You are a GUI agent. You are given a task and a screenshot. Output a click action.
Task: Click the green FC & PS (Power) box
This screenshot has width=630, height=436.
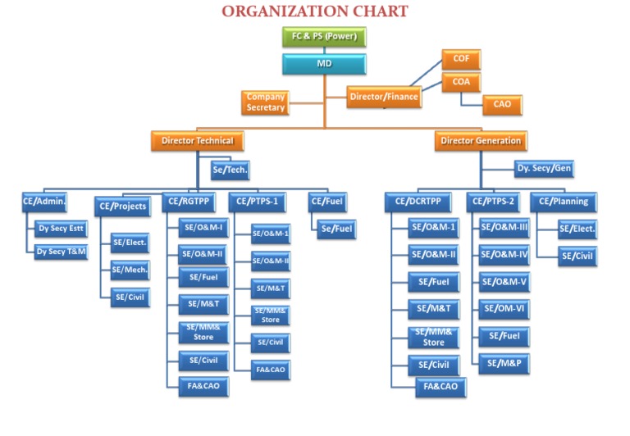pyautogui.click(x=324, y=37)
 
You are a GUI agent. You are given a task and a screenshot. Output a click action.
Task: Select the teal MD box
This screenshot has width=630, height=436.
pyautogui.click(x=324, y=63)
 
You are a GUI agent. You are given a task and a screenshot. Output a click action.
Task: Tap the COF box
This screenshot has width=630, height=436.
pyautogui.click(x=460, y=59)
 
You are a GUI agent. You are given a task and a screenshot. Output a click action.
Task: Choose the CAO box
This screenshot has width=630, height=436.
pyautogui.click(x=502, y=104)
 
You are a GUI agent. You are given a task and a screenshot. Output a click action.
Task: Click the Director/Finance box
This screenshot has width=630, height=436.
pyautogui.click(x=384, y=97)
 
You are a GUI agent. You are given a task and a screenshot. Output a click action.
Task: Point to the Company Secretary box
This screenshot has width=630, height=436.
pyautogui.click(x=265, y=102)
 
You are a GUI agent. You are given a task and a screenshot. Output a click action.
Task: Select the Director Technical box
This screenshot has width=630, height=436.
pyautogui.click(x=198, y=141)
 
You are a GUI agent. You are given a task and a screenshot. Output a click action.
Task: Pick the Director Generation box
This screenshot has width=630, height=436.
pyautogui.click(x=481, y=141)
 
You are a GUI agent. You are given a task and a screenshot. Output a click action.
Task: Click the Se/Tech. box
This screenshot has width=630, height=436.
pyautogui.click(x=230, y=170)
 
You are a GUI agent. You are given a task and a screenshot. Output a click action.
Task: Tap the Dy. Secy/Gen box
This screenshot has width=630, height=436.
pyautogui.click(x=544, y=169)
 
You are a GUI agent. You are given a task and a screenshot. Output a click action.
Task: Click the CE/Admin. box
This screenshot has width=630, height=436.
pyautogui.click(x=44, y=201)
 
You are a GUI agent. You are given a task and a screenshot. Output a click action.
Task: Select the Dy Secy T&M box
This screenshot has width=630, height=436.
pyautogui.click(x=61, y=252)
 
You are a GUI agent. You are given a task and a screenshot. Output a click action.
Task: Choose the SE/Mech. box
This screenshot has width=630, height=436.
pyautogui.click(x=130, y=270)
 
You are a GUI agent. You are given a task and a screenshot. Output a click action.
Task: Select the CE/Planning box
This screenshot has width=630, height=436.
pyautogui.click(x=564, y=201)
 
